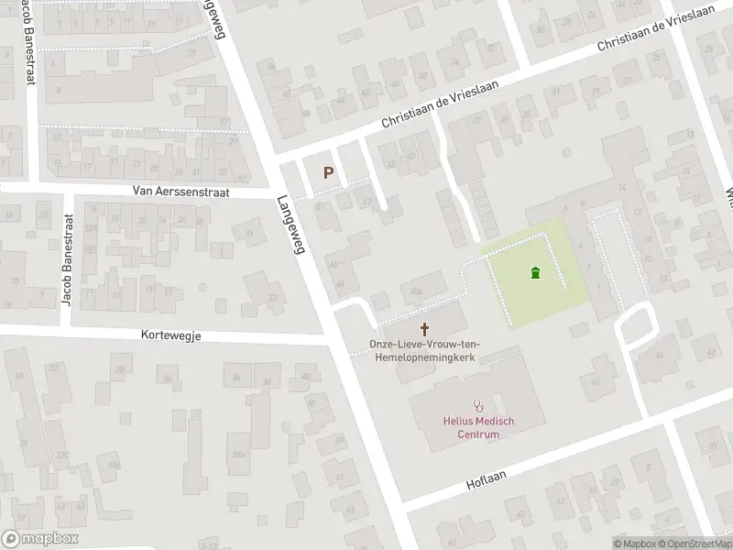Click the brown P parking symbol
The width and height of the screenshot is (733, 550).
click(328, 171)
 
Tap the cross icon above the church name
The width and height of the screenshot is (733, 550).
click(424, 328)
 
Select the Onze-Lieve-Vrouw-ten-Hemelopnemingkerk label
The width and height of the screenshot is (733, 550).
click(424, 349)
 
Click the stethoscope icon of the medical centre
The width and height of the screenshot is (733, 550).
click(477, 404)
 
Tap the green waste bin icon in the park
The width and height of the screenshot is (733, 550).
click(535, 272)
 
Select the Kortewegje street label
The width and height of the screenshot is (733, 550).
click(171, 335)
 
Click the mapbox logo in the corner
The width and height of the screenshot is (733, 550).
click(39, 539)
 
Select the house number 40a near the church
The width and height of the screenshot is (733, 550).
click(418, 291)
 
